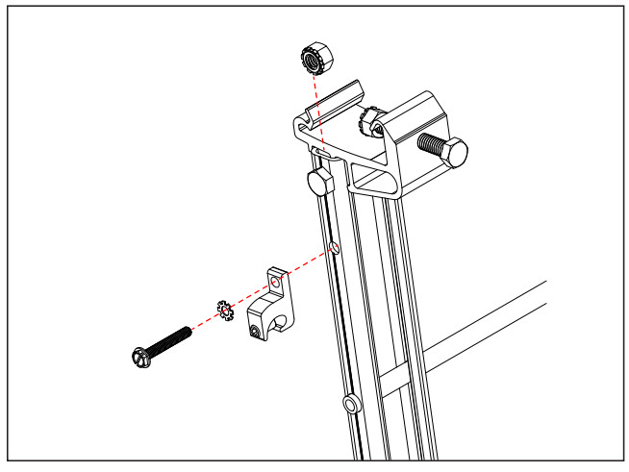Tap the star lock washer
pyautogui.click(x=226, y=311)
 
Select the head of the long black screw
pyautogui.click(x=141, y=358)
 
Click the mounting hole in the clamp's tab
pyautogui.click(x=279, y=284)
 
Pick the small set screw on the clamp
pyautogui.click(x=254, y=332)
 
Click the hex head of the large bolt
pyautogui.click(x=455, y=152)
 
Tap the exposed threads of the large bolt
pyautogui.click(x=430, y=144)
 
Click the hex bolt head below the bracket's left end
pyautogui.click(x=317, y=181)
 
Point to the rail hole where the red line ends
pyautogui.click(x=334, y=248)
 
